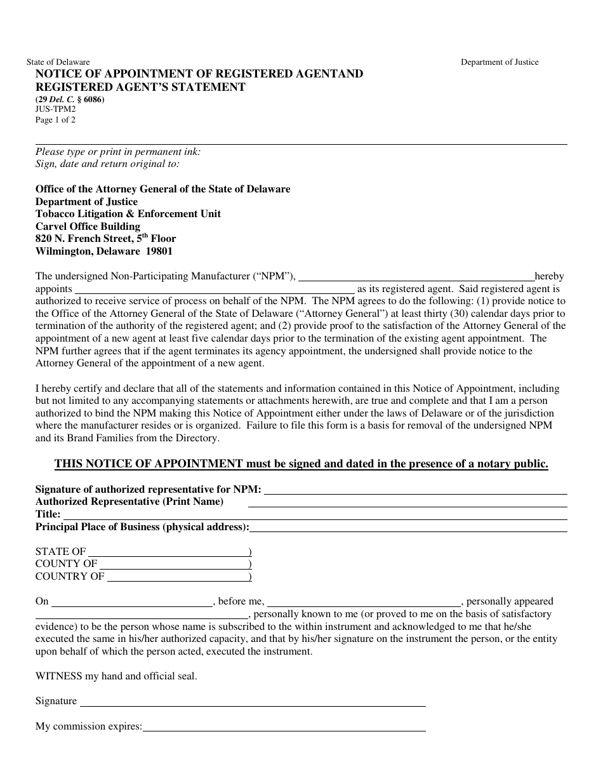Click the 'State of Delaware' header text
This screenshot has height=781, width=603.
click(x=58, y=62)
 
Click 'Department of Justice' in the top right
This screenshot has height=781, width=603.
click(x=499, y=62)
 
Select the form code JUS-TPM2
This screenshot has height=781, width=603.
click(x=55, y=109)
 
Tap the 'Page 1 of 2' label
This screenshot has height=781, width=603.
click(x=55, y=120)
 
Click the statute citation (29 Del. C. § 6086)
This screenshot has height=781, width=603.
click(x=70, y=100)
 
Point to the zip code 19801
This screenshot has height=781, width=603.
click(x=157, y=251)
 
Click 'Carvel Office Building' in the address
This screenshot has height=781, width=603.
click(x=88, y=226)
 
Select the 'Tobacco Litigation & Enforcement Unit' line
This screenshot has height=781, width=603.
click(x=128, y=214)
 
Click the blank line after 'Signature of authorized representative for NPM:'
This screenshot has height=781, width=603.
click(x=415, y=490)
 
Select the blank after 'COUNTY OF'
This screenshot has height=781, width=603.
click(x=174, y=564)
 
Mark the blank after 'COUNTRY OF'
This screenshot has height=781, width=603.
click(x=177, y=577)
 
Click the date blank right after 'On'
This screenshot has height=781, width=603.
click(x=131, y=602)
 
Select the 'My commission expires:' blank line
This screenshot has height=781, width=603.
click(x=284, y=726)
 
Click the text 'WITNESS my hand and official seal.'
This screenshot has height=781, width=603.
click(x=116, y=676)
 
